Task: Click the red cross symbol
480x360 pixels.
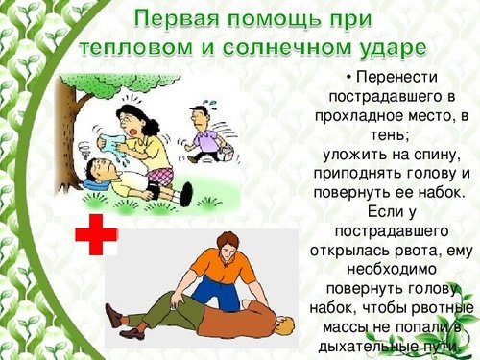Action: tap(95, 234)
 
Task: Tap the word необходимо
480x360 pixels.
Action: tap(389, 271)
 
